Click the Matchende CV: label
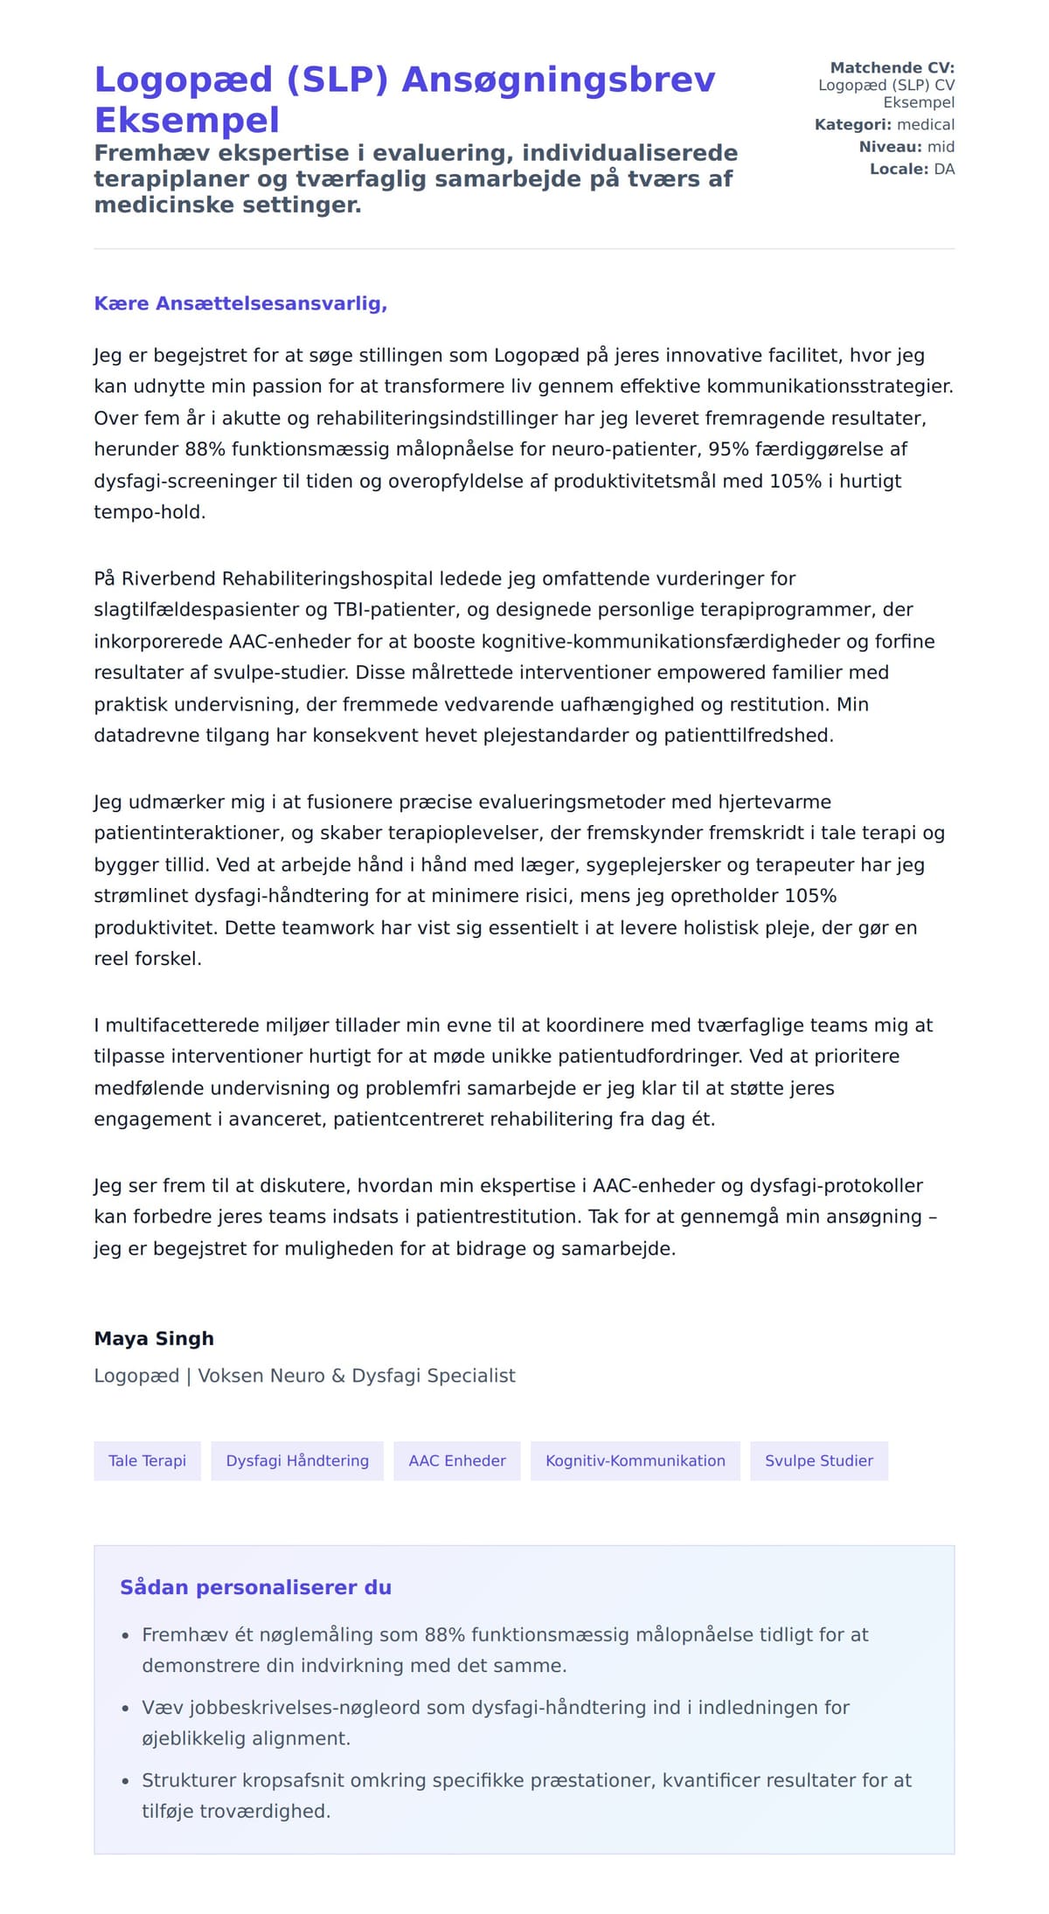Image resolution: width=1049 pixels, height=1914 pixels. coord(892,67)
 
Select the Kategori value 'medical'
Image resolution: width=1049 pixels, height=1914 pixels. coord(926,125)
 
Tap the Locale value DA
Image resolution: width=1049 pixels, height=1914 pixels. coord(944,170)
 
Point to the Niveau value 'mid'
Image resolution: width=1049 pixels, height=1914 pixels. coord(941,147)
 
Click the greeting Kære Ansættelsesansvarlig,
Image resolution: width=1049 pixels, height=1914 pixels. coord(240,304)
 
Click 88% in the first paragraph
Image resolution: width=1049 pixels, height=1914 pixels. coord(205,449)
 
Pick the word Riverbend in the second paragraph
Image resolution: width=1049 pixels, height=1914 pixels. coord(169,579)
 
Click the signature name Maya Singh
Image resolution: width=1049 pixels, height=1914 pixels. coord(154,1339)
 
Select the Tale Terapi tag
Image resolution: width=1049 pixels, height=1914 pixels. coord(147,1461)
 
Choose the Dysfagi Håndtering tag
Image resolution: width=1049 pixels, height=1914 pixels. coord(297,1461)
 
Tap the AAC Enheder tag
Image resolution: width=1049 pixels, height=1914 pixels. coord(457,1461)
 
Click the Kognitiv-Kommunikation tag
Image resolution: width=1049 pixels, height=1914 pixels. coord(636,1461)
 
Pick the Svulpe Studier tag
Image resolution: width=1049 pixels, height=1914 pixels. coord(819,1461)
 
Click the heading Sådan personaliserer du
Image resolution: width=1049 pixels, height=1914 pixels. coord(255,1588)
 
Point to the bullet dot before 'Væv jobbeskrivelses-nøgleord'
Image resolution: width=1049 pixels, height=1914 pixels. coord(125,1709)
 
